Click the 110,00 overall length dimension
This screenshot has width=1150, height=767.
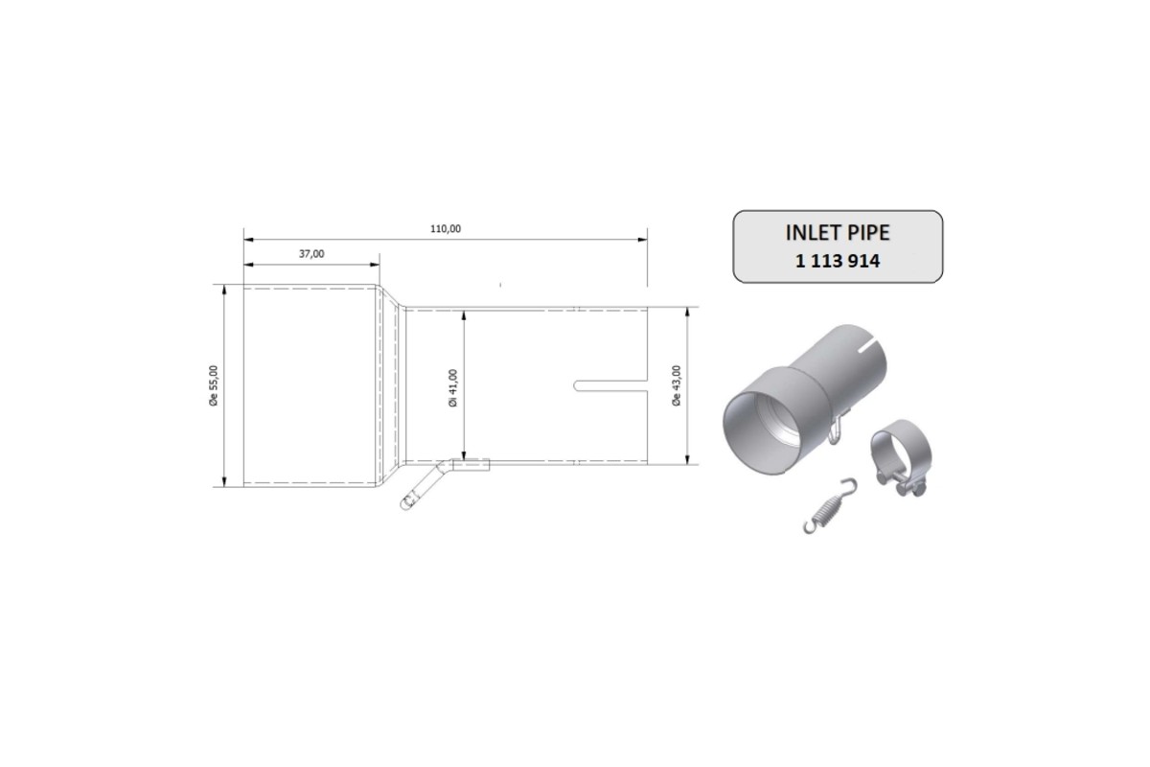pos(447,228)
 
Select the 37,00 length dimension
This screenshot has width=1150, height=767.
pos(311,254)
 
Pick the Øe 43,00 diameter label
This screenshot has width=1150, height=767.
pos(677,386)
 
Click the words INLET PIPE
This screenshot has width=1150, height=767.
pos(838,233)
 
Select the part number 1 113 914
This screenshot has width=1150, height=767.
pos(838,260)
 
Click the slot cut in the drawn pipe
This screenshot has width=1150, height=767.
pos(610,386)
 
